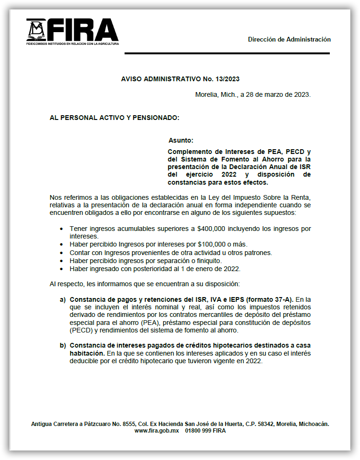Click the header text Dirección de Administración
(289, 40)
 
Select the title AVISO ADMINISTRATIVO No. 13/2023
(184, 79)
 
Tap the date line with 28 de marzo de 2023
(252, 94)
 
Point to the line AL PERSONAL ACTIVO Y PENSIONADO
(115, 117)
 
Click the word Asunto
(181, 140)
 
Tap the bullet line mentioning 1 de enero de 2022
(155, 269)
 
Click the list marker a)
(62, 299)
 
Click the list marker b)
(62, 345)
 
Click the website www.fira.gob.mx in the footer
(156, 431)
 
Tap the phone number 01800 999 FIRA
(205, 431)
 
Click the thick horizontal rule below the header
(227, 53)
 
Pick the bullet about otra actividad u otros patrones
(170, 253)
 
